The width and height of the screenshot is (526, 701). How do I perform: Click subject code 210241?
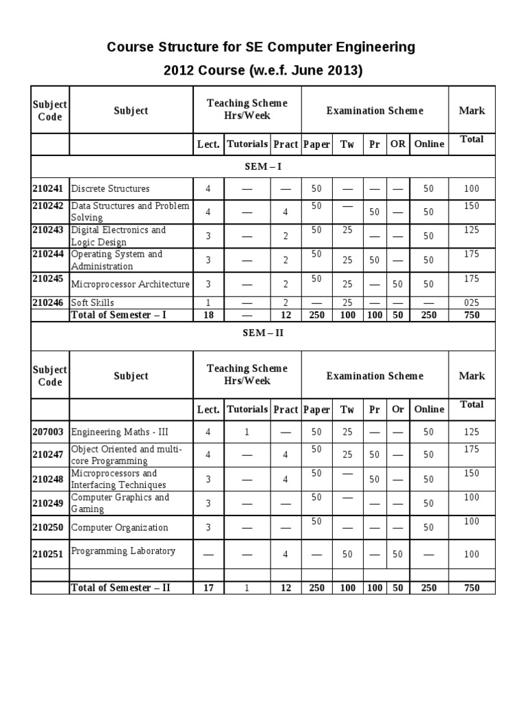pos(49,188)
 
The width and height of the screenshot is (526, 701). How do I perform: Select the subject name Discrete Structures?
pos(110,188)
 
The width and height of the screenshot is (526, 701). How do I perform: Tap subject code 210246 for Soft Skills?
pos(49,302)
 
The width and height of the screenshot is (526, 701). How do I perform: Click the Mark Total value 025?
pos(471,303)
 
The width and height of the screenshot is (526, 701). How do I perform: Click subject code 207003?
pos(49,432)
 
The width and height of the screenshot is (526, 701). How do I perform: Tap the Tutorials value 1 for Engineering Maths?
pos(247,432)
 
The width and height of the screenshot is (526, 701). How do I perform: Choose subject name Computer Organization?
pos(120,527)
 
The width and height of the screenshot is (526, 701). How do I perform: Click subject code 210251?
pos(49,555)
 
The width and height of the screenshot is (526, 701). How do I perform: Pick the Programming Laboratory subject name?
pos(123,551)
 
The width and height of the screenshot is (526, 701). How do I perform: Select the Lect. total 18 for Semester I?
pos(208,315)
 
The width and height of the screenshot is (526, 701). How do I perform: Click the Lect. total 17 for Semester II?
pos(208,587)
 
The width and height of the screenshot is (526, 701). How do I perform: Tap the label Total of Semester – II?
pos(121,587)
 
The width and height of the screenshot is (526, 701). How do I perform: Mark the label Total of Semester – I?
pos(119,315)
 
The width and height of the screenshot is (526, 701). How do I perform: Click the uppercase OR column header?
pos(397,144)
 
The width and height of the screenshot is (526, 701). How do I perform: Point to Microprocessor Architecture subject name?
pos(129,284)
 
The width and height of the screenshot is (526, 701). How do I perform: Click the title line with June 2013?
pos(262,71)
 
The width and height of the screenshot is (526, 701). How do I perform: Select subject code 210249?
pos(49,503)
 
